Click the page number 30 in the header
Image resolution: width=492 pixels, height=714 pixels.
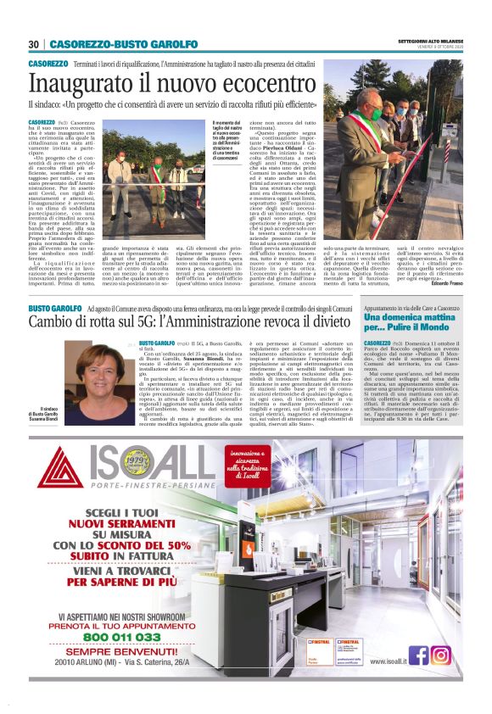pyautogui.click(x=34, y=44)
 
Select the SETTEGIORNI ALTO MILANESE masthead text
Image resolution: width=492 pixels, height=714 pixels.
pyautogui.click(x=429, y=40)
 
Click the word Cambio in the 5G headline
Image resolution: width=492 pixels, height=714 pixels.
pyautogui.click(x=56, y=323)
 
